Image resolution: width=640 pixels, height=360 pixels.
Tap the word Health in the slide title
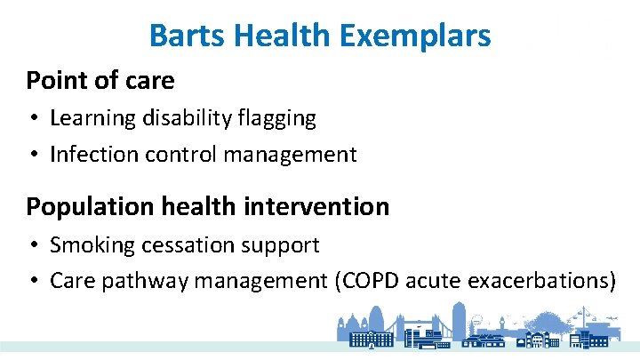tap(278, 36)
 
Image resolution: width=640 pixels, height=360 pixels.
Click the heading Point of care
tap(100, 80)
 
